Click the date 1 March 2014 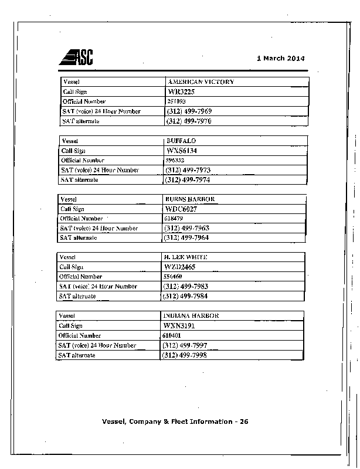tap(281, 57)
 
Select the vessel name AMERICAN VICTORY tap(201, 82)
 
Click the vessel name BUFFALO tap(181, 141)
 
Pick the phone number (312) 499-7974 tap(188, 180)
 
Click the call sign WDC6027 tap(181, 209)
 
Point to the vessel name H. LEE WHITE tap(185, 257)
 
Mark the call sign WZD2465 tap(179, 267)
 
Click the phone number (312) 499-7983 tap(185, 287)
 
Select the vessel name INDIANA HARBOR tap(190, 315)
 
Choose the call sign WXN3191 tap(178, 325)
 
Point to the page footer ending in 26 tap(175, 422)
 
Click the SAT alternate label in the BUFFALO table tap(79, 180)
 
